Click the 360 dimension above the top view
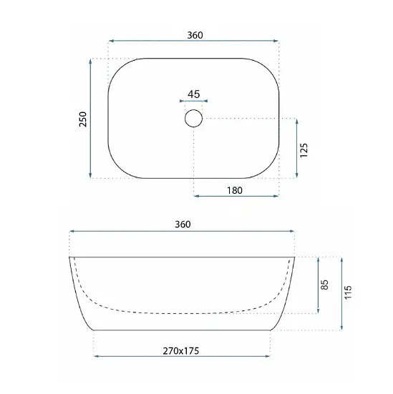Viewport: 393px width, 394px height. (195, 35)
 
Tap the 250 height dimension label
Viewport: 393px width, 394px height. (83, 119)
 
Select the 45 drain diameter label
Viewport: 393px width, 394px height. (194, 94)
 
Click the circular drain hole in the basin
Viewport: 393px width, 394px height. (193, 118)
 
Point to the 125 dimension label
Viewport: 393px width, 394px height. (304, 150)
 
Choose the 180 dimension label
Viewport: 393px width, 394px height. (235, 190)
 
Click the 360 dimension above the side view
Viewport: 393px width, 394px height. (183, 224)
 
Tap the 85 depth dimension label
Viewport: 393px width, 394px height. (325, 285)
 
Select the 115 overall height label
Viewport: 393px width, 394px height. (348, 292)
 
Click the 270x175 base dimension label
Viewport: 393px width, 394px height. (181, 351)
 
